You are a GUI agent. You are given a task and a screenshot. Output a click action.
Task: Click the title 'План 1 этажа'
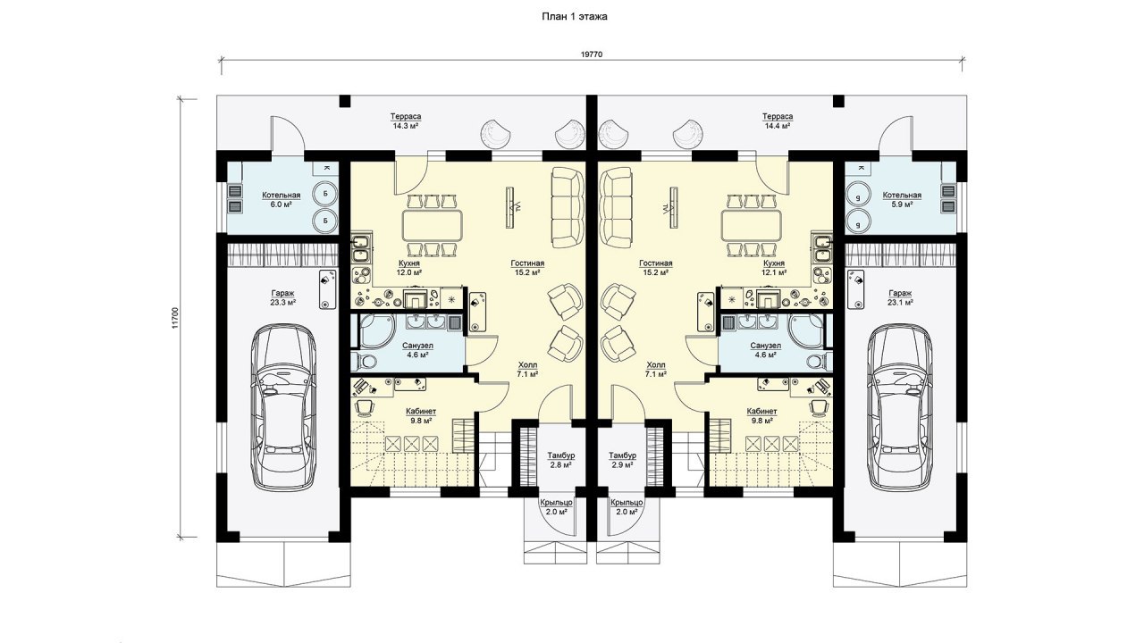click(x=574, y=17)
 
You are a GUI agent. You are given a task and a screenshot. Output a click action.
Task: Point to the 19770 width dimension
click(x=592, y=54)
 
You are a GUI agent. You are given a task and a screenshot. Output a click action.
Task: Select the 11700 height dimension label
click(x=175, y=319)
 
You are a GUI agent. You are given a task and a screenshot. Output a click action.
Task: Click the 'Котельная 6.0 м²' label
click(x=281, y=199)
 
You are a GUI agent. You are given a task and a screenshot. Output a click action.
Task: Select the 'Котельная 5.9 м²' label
click(x=902, y=199)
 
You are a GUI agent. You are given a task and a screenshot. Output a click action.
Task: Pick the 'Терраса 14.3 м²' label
click(x=406, y=121)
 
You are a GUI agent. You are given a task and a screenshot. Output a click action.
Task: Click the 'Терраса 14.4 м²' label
click(x=778, y=121)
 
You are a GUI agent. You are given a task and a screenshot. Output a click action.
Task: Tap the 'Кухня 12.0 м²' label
click(x=409, y=268)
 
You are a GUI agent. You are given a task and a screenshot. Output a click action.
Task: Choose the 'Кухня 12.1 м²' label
click(x=774, y=268)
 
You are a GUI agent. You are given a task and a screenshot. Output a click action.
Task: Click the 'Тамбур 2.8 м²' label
click(x=560, y=460)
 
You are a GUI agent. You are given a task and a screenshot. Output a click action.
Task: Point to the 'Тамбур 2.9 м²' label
click(x=623, y=460)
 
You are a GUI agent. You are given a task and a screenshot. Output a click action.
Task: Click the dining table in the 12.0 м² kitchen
click(x=433, y=226)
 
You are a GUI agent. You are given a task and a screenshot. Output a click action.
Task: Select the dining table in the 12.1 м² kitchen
click(x=752, y=226)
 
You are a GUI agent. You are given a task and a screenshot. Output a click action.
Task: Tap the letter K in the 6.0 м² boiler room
click(x=327, y=168)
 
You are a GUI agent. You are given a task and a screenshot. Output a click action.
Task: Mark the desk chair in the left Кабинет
click(x=364, y=406)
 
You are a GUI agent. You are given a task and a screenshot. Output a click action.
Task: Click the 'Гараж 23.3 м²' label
click(x=283, y=298)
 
